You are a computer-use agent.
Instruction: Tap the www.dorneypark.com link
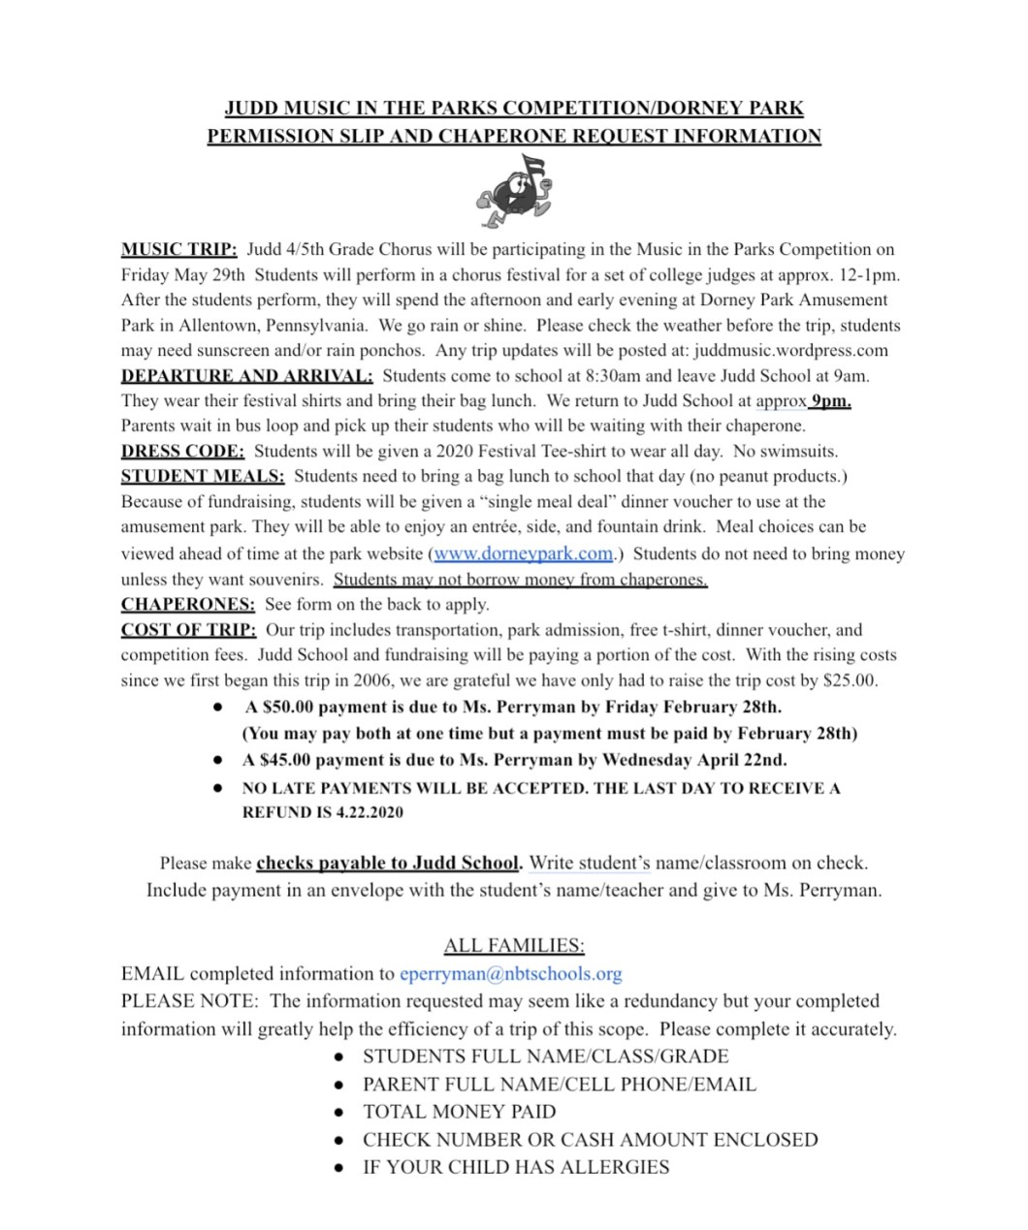click(524, 553)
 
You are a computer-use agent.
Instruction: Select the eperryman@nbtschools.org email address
click(510, 973)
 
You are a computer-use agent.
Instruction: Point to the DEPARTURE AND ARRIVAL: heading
click(246, 376)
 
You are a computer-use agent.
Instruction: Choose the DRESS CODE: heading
click(182, 451)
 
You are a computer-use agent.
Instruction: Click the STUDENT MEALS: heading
click(203, 476)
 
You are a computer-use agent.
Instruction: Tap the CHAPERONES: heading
click(188, 604)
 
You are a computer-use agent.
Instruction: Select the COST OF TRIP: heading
click(188, 630)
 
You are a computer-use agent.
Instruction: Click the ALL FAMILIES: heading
click(514, 945)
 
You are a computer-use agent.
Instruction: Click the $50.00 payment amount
click(286, 708)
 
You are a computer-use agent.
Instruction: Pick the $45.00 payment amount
click(286, 760)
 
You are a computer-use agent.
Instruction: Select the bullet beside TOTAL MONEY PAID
click(338, 1113)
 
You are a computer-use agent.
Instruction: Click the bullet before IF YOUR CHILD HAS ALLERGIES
click(338, 1168)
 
